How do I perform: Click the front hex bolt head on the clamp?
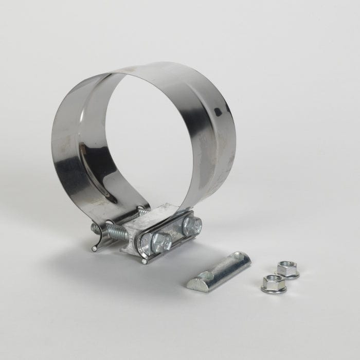[x=161, y=240]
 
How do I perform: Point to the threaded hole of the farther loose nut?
[x=287, y=266]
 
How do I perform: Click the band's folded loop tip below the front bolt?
[x=146, y=260]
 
